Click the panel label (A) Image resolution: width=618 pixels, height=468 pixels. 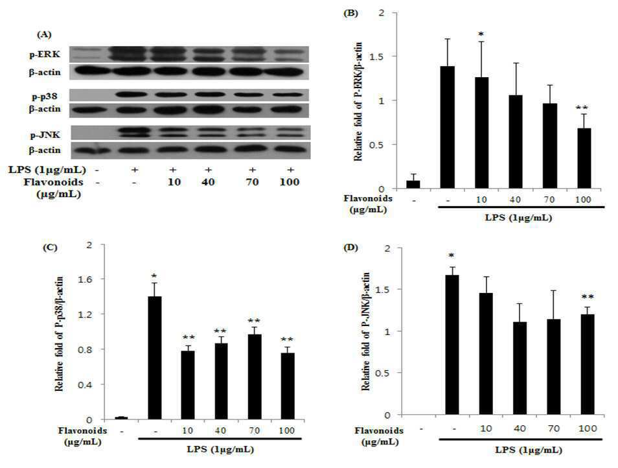tap(44, 35)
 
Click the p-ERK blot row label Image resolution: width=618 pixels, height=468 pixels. tap(45, 54)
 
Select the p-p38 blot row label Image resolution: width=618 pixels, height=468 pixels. tap(45, 96)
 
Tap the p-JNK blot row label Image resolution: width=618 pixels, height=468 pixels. tap(45, 135)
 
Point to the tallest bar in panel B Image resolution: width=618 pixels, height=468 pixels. tap(448, 127)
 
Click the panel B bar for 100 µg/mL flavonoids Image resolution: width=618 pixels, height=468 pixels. tap(584, 158)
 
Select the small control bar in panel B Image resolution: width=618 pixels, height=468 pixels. tap(413, 185)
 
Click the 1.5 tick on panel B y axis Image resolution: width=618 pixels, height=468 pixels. tap(376, 56)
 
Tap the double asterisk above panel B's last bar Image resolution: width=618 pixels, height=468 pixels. tap(582, 108)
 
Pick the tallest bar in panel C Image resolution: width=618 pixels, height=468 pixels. tap(154, 358)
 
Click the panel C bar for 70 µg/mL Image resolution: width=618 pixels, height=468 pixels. tap(254, 377)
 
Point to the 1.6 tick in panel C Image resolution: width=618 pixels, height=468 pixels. tap(86, 279)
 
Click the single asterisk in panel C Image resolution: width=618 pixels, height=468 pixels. tap(154, 275)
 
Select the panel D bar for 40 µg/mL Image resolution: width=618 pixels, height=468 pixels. tap(520, 368)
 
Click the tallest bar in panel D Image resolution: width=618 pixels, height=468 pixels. tap(452, 345)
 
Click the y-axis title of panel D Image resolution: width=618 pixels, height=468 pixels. tap(366, 332)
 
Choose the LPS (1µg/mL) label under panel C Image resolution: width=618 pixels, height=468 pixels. tap(220, 449)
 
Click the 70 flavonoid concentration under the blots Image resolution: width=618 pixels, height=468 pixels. tap(252, 182)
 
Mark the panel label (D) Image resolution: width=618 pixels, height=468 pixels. tap(351, 248)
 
